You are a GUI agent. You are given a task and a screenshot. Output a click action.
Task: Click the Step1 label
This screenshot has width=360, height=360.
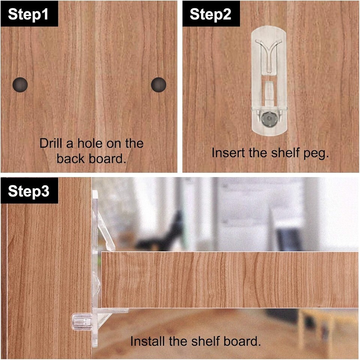click(28, 14)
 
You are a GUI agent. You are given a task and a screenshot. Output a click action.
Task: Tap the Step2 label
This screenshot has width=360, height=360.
click(210, 14)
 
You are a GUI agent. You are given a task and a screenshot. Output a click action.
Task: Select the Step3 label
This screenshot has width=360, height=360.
click(28, 191)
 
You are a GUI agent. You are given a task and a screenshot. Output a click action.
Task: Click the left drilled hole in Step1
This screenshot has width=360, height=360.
click(20, 85)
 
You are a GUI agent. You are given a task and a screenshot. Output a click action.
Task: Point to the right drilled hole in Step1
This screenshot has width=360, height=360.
click(159, 85)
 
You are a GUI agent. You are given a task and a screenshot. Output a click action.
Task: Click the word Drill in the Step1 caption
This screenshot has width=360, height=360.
click(51, 143)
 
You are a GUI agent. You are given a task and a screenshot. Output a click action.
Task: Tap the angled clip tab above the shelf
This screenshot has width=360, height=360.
click(106, 231)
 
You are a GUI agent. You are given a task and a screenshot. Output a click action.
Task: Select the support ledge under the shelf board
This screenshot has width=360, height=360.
click(112, 311)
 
